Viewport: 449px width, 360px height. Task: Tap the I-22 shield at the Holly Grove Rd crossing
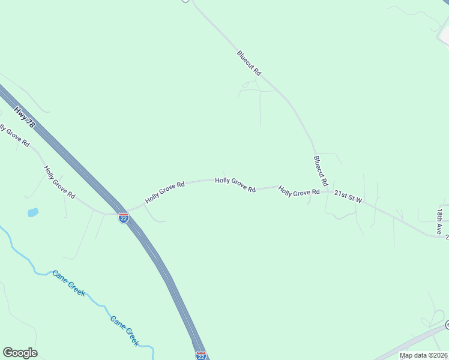123,218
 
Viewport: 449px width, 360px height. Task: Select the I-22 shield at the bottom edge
201,356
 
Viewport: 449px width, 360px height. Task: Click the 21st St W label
348,196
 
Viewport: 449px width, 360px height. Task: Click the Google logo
20,353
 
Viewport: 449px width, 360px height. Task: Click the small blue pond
32,212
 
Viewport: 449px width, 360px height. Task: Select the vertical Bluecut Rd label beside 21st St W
320,170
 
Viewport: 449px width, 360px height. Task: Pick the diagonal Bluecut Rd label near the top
249,63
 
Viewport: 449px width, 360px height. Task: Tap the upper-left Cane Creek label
68,283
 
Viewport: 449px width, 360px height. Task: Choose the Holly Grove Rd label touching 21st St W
298,191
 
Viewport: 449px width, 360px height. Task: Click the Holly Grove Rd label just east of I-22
164,193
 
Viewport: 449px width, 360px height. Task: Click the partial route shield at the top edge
185,1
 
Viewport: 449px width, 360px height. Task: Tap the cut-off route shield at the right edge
447,325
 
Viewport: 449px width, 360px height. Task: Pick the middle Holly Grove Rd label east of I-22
235,184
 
